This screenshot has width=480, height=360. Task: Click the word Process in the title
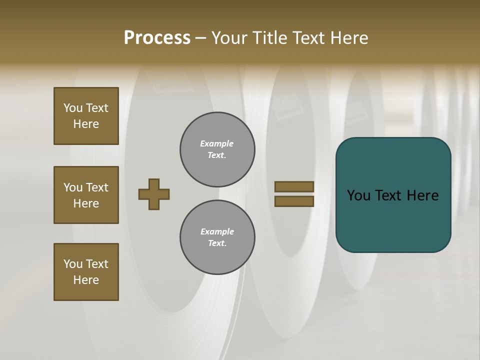coord(157,37)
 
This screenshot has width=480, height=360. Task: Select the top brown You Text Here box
coord(86,116)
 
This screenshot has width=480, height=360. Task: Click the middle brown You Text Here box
coord(86,195)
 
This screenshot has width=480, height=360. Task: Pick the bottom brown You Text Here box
coord(86,272)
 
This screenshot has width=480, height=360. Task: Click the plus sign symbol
coord(154,194)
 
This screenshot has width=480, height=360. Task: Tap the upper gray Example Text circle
coord(217,149)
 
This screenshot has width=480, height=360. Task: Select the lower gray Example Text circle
coord(217,237)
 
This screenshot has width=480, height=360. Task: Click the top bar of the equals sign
coord(294,186)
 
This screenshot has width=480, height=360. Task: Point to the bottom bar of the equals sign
coord(294,201)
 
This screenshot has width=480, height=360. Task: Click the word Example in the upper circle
coord(217,143)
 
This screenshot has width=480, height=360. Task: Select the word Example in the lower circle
coord(217,231)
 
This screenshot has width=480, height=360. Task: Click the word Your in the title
coord(229,38)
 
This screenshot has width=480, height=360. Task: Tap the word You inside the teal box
coord(358,195)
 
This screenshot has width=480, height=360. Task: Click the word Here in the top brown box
coord(86,124)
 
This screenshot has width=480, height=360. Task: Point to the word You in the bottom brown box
coord(73,264)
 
